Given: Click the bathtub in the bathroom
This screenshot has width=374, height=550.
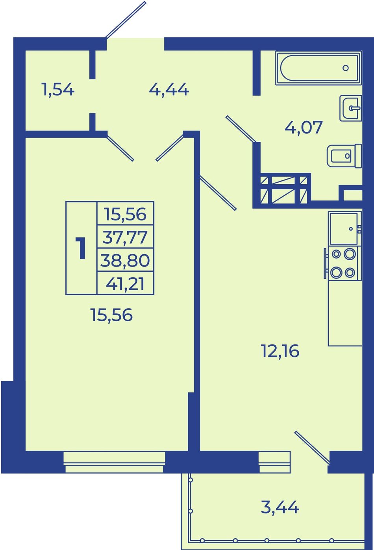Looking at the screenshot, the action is [x=318, y=68].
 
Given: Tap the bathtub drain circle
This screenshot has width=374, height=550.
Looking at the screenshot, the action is [x=346, y=68].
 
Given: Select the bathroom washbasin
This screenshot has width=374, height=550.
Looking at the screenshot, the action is [x=351, y=108].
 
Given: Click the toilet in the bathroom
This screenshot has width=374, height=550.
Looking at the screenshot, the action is [x=344, y=156].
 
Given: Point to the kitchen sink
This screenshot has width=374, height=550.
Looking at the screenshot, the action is [x=344, y=229].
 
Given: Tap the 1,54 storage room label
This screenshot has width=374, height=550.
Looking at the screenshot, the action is [x=58, y=90].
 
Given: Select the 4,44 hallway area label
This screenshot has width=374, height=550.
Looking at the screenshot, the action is [x=169, y=90].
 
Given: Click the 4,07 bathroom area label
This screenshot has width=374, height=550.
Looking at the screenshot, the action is [x=304, y=128].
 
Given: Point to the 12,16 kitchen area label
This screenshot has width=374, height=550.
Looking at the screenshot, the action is [x=280, y=351].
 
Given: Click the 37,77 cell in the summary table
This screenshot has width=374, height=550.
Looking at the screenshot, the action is [x=125, y=237].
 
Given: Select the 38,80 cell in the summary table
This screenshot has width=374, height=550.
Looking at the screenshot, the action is [x=125, y=260].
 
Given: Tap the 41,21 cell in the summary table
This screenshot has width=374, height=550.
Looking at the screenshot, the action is [x=125, y=283].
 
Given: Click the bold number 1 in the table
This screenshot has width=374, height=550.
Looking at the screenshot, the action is [x=80, y=248].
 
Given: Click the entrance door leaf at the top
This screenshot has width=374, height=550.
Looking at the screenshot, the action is [x=126, y=20].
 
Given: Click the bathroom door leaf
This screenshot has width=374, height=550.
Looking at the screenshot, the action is [x=241, y=129].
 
